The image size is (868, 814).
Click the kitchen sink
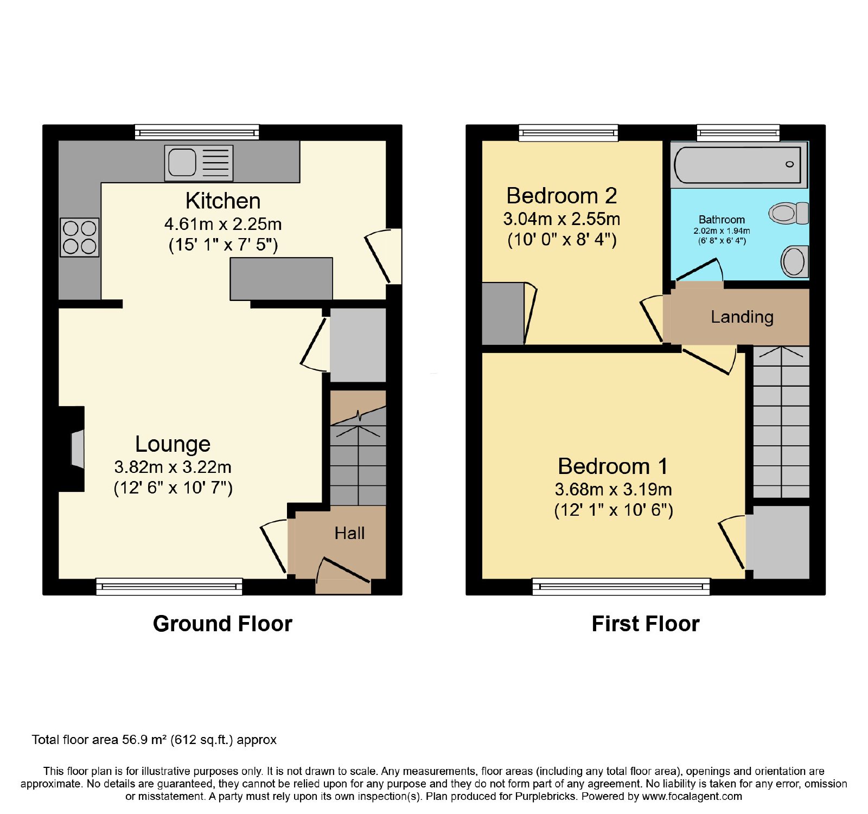[199, 163]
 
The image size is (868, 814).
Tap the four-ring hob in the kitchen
[80, 237]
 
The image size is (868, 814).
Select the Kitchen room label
[223, 201]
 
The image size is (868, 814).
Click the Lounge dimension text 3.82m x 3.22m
[173, 467]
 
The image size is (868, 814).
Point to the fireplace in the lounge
[78, 449]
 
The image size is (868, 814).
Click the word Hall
[349, 534]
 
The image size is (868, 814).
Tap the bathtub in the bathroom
[738, 164]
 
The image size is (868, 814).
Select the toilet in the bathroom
[789, 213]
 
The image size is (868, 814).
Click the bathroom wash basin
[795, 261]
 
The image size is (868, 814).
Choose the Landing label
[742, 317]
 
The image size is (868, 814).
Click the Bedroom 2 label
[561, 196]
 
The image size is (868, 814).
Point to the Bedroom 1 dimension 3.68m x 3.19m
[613, 490]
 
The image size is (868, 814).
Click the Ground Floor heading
[222, 624]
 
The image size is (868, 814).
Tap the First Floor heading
[646, 624]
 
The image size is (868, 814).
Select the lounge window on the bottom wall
[169, 586]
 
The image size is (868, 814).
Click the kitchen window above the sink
[197, 132]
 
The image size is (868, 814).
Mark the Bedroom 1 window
[621, 586]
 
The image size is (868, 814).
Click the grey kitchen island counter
[281, 279]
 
